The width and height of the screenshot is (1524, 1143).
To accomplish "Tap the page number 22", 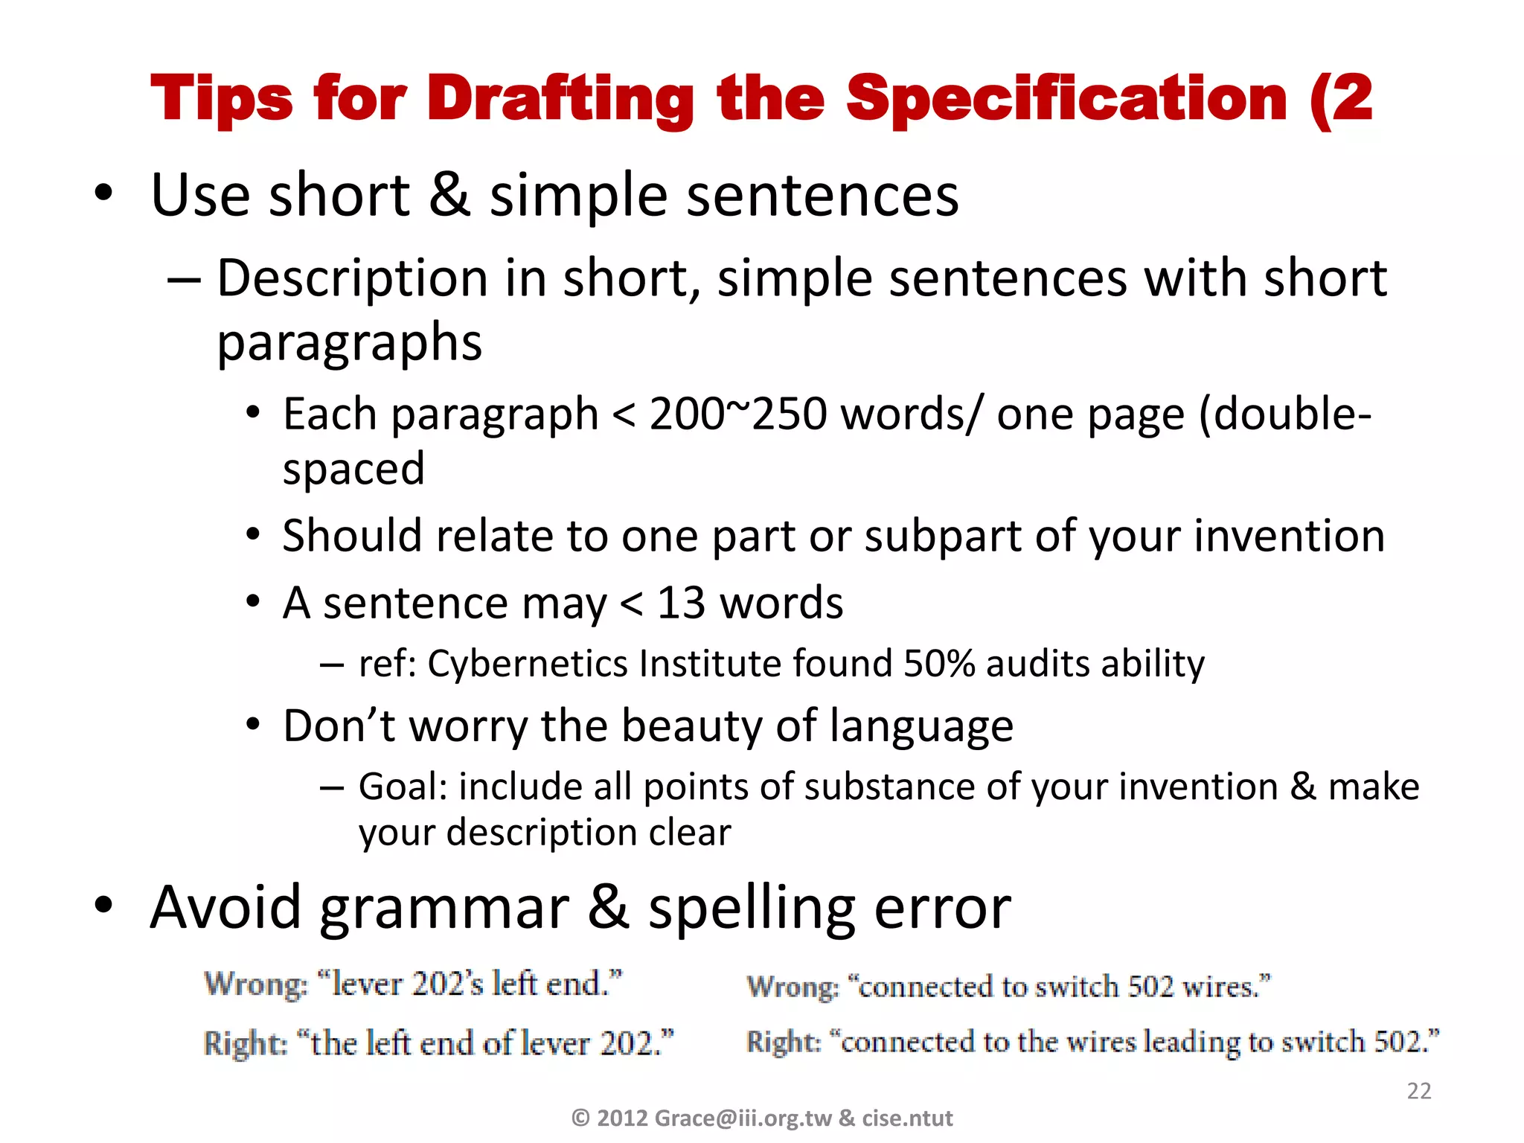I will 1419,1091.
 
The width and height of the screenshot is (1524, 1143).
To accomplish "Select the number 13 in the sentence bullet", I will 680,602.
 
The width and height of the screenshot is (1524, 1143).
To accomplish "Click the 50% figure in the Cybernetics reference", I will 938,663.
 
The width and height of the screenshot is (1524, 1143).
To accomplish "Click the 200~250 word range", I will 737,414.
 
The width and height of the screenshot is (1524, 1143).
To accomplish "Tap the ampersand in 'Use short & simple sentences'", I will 449,194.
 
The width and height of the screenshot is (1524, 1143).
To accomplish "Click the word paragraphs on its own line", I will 349,342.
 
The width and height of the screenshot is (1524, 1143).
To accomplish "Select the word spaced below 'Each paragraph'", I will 353,469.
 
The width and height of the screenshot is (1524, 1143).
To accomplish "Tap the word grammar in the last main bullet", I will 444,907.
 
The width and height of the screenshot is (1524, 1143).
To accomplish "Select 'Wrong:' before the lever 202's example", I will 255,984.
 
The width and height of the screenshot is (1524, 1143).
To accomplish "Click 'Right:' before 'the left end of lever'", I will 245,1043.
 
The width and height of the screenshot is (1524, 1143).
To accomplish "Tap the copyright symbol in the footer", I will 580,1118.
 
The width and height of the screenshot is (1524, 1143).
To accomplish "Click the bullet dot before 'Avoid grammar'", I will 103,906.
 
